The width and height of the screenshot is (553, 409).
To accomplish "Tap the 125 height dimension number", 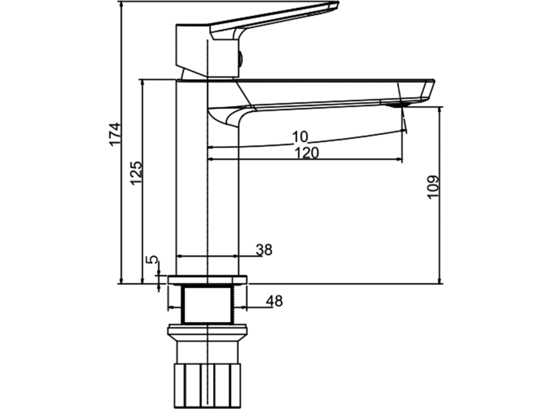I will point(136,172).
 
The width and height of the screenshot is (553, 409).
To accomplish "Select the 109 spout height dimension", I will point(433,187).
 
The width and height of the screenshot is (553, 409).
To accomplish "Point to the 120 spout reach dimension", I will point(307,153).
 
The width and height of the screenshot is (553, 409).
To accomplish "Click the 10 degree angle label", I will point(299,137).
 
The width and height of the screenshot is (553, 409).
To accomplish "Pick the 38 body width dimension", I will point(264,250).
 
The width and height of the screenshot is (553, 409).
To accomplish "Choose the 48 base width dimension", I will point(274,301).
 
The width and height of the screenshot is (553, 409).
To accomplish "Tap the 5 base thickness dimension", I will point(153,261).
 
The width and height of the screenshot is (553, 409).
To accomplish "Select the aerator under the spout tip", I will point(396,105).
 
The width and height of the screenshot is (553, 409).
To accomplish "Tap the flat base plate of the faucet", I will point(207,280).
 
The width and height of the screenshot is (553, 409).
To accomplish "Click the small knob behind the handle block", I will point(240,58).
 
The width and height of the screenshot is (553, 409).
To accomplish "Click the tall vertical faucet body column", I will point(207,179).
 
